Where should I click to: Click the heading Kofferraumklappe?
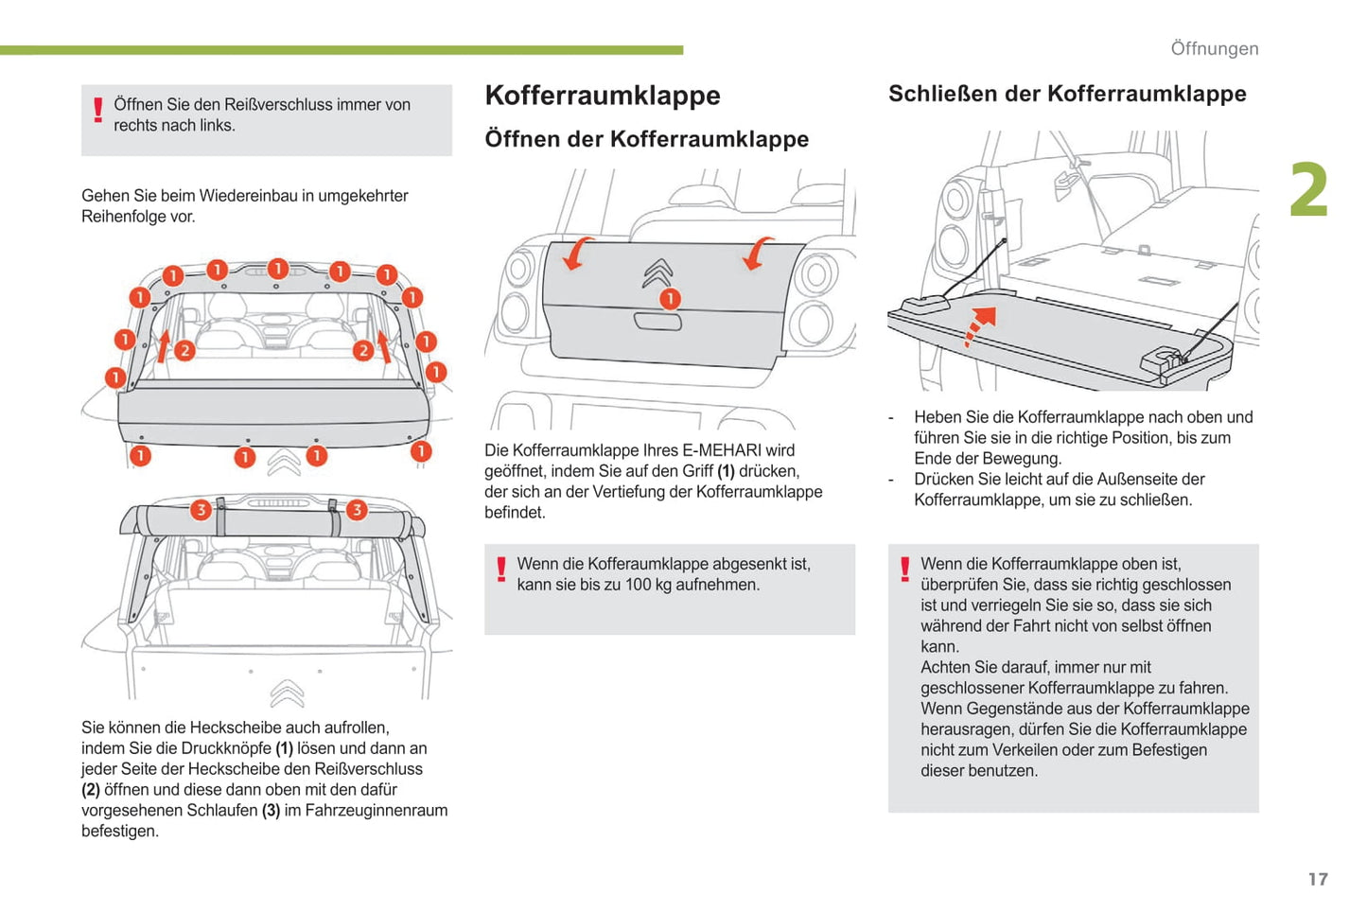coord(603,96)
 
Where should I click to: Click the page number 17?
coord(1317,879)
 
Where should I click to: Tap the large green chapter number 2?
coord(1309,191)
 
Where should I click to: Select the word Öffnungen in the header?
coord(1214,48)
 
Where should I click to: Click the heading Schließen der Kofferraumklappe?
coord(1067,94)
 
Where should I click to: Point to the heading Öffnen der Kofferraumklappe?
coord(646,139)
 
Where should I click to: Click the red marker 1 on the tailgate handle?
coord(670,299)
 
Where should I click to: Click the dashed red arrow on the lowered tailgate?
coord(980,325)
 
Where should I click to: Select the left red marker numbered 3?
coord(200,510)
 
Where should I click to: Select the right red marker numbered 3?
coord(357,510)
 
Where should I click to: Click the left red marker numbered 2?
coord(184,350)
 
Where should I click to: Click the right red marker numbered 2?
coord(363,350)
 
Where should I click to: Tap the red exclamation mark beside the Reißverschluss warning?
coord(97,112)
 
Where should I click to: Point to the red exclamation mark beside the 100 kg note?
coord(501,570)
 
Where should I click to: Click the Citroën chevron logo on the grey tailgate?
coord(658,272)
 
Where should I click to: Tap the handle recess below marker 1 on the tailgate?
coord(657,322)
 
